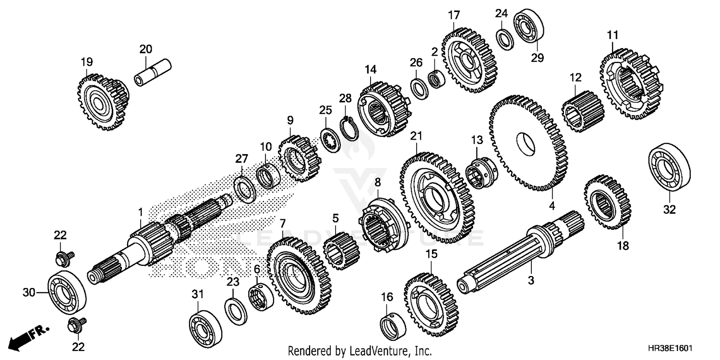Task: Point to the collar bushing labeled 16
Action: point(393,325)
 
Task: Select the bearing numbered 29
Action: point(528,25)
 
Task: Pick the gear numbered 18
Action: point(607,202)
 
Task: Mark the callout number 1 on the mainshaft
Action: point(140,211)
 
